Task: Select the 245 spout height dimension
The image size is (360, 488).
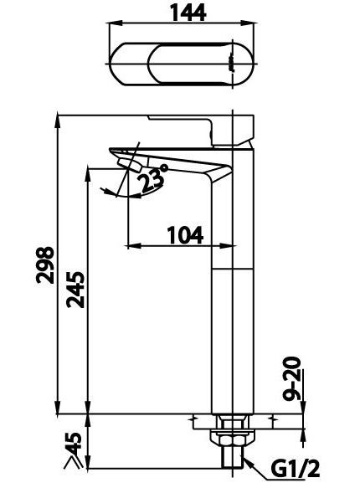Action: coord(75,290)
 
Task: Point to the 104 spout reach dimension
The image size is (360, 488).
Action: coord(186,235)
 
